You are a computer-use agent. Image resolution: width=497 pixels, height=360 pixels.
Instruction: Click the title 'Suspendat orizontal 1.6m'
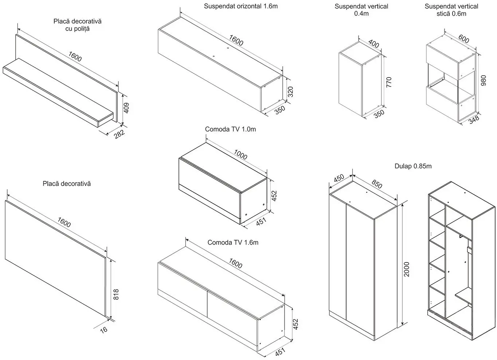click(x=241, y=6)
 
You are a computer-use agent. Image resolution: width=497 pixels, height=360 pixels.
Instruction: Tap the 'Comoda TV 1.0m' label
click(x=230, y=129)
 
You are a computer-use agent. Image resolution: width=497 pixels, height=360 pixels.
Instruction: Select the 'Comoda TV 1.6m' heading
click(x=233, y=242)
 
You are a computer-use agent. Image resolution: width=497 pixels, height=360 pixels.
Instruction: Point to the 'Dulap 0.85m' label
click(x=413, y=166)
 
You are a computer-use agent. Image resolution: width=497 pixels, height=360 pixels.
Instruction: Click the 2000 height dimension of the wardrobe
click(x=407, y=269)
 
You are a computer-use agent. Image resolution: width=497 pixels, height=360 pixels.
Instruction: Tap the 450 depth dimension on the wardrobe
click(x=339, y=178)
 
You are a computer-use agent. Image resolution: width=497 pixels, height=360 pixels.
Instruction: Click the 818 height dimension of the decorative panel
click(x=116, y=294)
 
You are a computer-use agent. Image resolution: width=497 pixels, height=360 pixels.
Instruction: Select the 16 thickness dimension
click(x=104, y=330)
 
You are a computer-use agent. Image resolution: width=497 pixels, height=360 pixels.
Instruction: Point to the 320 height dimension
click(x=290, y=91)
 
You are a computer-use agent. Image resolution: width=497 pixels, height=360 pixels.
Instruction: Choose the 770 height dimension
click(x=388, y=82)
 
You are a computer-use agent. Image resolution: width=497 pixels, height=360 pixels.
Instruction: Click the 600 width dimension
click(x=463, y=39)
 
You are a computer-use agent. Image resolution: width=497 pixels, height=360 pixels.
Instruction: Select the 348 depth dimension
click(x=474, y=120)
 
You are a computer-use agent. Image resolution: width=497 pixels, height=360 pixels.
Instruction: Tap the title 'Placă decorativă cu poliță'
click(x=77, y=25)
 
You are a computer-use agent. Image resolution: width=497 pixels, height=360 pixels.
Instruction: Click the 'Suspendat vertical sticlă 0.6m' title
click(x=451, y=10)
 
